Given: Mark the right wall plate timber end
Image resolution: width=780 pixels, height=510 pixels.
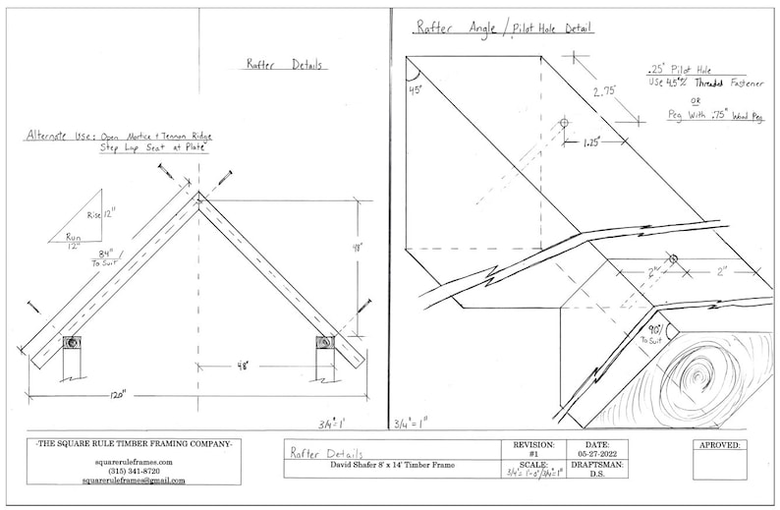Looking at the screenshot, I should pyautogui.click(x=323, y=343).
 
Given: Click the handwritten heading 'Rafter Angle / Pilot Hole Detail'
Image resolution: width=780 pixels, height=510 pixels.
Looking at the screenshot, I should pyautogui.click(x=504, y=28).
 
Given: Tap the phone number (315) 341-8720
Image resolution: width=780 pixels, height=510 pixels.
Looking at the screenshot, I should pyautogui.click(x=134, y=472).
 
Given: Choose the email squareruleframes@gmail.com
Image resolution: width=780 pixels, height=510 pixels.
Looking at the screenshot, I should pyautogui.click(x=134, y=481).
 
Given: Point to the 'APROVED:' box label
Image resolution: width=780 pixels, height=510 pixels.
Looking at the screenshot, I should pyautogui.click(x=720, y=445).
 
